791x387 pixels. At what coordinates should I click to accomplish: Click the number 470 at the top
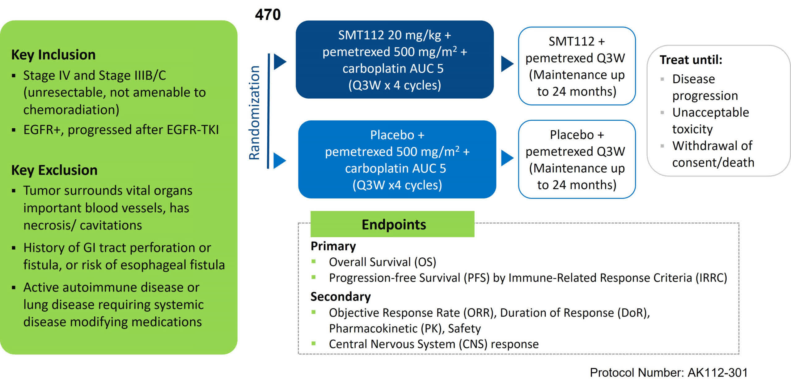click(268, 15)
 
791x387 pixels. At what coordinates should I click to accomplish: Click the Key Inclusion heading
click(53, 55)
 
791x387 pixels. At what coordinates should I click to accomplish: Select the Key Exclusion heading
click(54, 170)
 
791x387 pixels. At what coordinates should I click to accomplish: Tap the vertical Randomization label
click(255, 113)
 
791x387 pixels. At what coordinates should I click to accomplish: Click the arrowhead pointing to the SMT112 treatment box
click(280, 62)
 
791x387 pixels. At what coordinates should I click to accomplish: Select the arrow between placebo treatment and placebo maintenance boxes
click(507, 158)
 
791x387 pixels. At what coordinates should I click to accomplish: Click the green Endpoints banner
click(392, 224)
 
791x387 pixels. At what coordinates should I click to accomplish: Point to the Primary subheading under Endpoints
click(333, 246)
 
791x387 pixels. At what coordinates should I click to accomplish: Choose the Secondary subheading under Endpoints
click(340, 297)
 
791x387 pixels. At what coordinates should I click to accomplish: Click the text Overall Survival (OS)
click(382, 262)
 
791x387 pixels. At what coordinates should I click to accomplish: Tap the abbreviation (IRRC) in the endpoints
click(711, 278)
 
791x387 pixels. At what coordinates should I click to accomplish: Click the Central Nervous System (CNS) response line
click(434, 344)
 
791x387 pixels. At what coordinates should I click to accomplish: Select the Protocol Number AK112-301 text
click(668, 372)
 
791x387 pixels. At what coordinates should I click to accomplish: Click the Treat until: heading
click(691, 60)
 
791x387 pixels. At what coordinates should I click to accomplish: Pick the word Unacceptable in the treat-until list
click(710, 112)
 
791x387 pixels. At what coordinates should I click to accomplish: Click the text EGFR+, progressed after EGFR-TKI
click(121, 130)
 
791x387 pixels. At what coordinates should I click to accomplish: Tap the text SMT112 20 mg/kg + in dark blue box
click(394, 35)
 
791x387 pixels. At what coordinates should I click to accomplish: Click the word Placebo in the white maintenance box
click(572, 135)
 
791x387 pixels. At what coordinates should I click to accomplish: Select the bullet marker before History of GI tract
click(14, 248)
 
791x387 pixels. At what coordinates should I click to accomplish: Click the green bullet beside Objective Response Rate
click(314, 312)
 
